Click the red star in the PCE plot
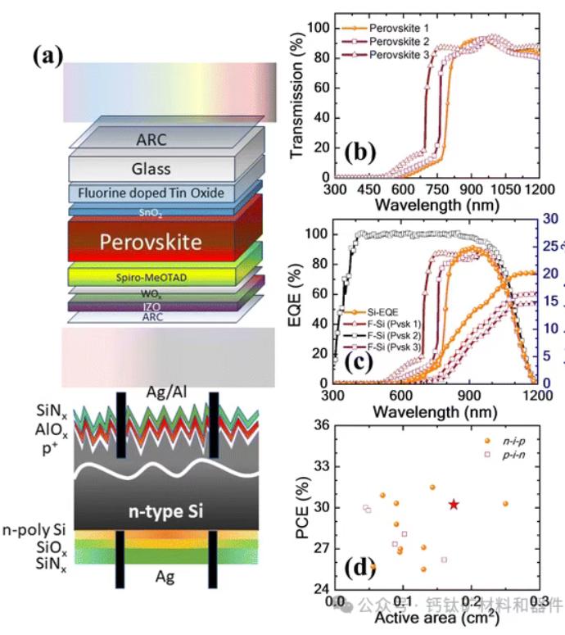click(454, 504)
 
